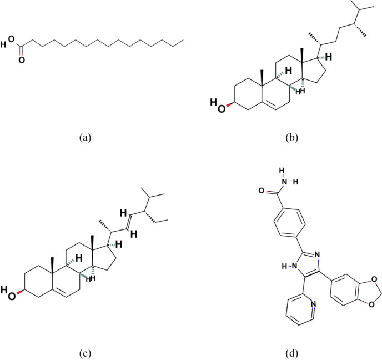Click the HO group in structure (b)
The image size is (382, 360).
click(x=217, y=104)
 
